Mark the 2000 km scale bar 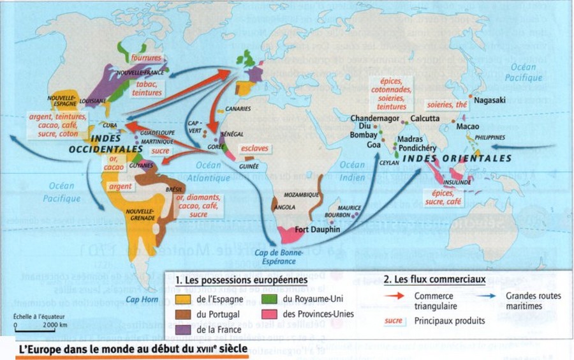coord(34,329)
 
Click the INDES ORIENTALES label coord(458,158)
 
